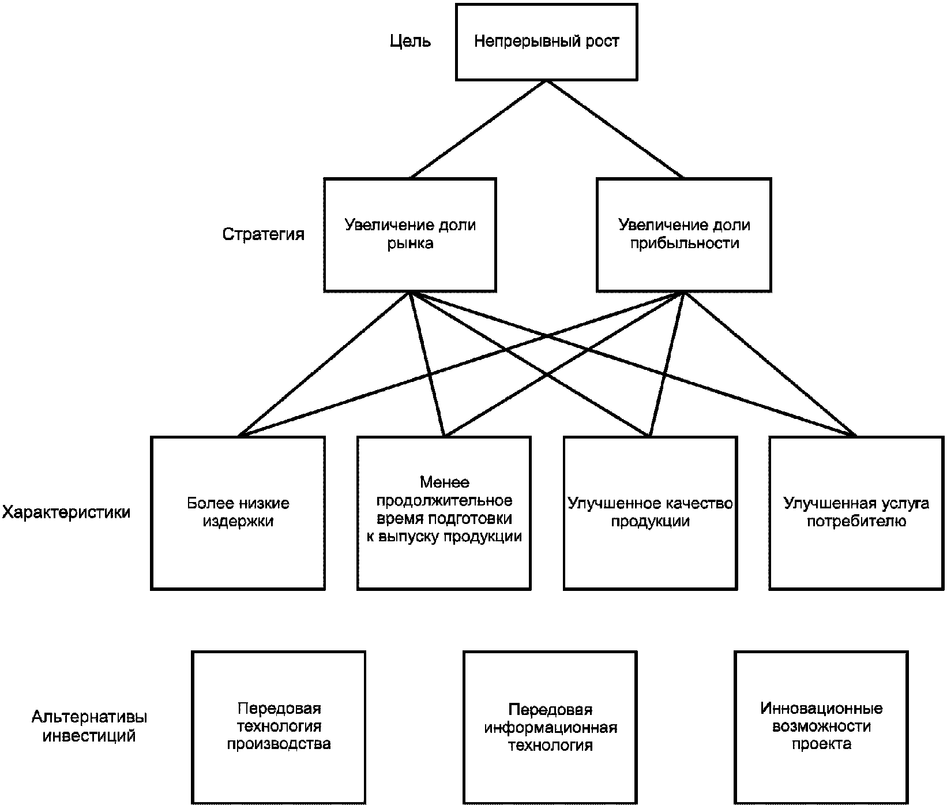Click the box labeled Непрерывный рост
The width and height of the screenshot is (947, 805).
click(546, 42)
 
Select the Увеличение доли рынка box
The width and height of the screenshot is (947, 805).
click(409, 235)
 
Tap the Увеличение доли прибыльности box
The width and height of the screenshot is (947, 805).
click(683, 235)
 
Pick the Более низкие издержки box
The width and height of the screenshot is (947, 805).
click(238, 512)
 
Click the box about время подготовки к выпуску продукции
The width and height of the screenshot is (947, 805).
click(444, 512)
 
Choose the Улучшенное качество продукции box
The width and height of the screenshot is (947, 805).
click(650, 512)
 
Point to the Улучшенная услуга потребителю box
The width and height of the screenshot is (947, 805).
click(856, 512)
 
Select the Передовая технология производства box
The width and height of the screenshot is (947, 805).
click(279, 728)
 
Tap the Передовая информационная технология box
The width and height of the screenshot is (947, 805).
click(550, 728)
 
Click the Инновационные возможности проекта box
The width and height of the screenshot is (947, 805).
click(821, 728)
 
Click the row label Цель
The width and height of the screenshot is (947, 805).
click(410, 42)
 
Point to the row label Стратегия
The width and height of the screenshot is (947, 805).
click(264, 234)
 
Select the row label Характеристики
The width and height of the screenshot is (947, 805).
click(66, 512)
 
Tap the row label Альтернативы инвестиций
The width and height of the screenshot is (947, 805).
click(89, 727)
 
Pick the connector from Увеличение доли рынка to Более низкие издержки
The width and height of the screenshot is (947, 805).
click(324, 364)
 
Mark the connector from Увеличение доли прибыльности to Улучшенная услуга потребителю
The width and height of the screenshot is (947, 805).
click(770, 364)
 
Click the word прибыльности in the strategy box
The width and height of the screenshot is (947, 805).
click(684, 244)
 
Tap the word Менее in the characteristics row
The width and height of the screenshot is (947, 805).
click(444, 482)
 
